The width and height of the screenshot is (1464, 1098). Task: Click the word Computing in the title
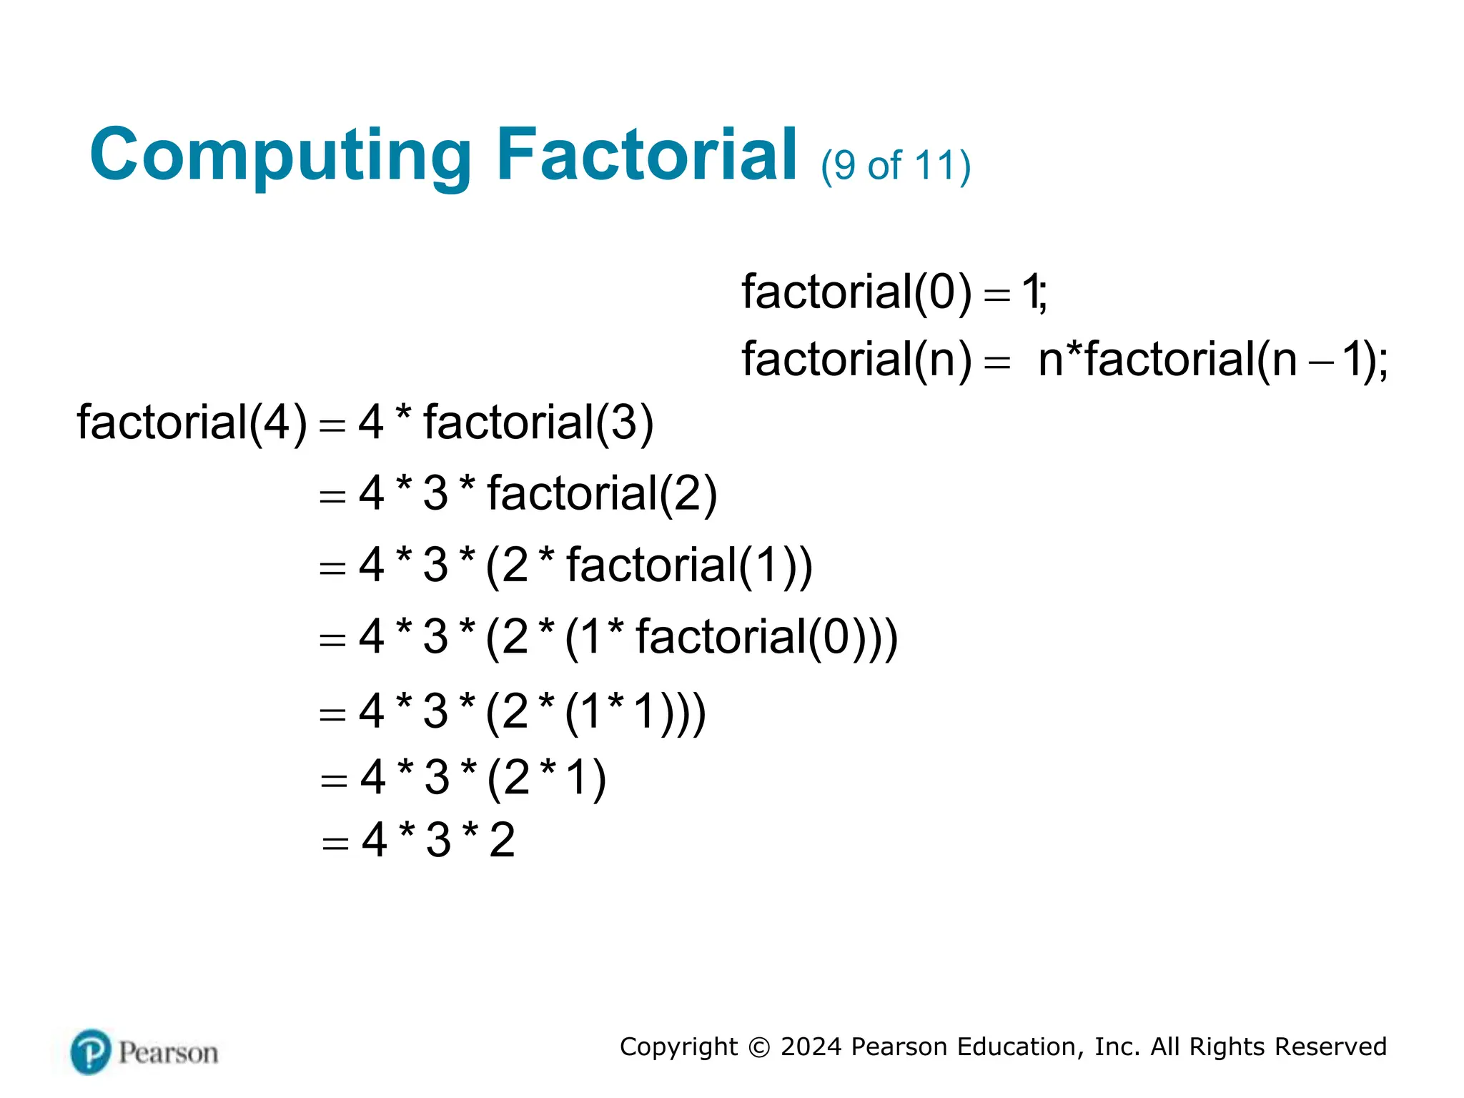[280, 155]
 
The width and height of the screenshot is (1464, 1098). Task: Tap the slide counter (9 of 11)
[896, 166]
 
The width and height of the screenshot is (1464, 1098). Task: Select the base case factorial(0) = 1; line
[894, 292]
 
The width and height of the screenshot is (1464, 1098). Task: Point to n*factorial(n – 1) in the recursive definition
[1212, 359]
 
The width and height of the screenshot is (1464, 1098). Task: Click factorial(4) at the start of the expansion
[192, 422]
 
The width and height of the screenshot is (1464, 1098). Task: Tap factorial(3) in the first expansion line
[538, 422]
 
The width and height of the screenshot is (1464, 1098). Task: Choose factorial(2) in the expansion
[602, 493]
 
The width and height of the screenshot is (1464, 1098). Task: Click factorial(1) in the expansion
[689, 565]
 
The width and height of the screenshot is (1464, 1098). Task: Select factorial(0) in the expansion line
[766, 636]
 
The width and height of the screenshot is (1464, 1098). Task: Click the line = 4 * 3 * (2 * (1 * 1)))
[513, 711]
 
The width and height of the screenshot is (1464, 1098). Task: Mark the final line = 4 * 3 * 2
[418, 840]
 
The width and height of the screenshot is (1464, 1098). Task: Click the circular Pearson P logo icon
[91, 1052]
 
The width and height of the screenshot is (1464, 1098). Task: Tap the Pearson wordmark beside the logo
[169, 1053]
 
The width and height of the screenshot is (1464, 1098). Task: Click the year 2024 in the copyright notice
[811, 1047]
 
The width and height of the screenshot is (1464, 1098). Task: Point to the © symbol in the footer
[759, 1047]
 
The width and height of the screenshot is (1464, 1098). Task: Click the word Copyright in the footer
[678, 1047]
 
